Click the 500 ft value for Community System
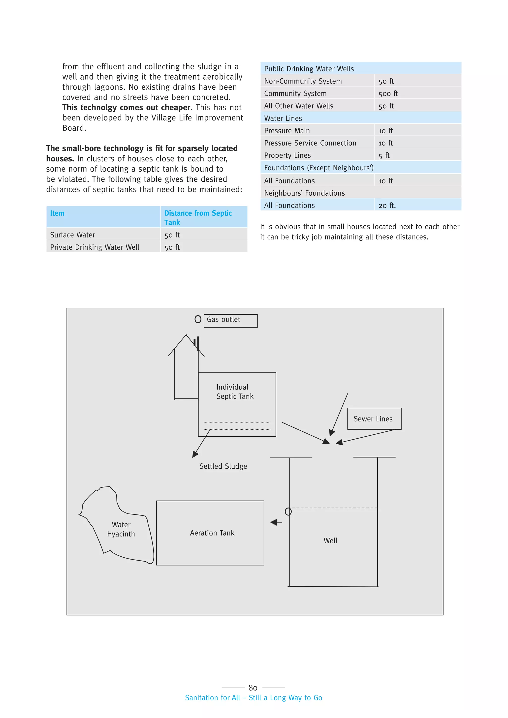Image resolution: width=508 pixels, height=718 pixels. pyautogui.click(x=388, y=93)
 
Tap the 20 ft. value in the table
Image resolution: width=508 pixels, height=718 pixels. pyautogui.click(x=387, y=206)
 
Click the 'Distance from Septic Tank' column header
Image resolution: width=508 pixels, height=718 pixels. pyautogui.click(x=198, y=217)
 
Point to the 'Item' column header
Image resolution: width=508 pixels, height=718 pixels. pyautogui.click(x=57, y=213)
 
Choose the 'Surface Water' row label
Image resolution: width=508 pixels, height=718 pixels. pyautogui.click(x=73, y=235)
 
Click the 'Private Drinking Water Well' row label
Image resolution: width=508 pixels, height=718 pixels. pyautogui.click(x=95, y=247)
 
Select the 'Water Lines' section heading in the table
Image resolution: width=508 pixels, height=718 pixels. pyautogui.click(x=283, y=119)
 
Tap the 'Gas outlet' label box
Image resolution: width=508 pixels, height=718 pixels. pyautogui.click(x=230, y=321)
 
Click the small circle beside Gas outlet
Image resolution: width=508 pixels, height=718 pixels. pyautogui.click(x=198, y=319)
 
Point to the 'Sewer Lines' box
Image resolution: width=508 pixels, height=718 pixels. pyautogui.click(x=374, y=419)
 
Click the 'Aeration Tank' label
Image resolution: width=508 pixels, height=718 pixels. pyautogui.click(x=212, y=533)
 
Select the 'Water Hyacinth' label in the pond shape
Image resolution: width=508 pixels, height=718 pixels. pyautogui.click(x=121, y=529)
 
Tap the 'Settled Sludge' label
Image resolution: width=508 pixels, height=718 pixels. pyautogui.click(x=223, y=466)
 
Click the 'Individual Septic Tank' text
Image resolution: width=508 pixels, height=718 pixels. pyautogui.click(x=235, y=391)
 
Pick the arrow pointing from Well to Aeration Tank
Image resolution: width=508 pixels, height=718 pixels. pyautogui.click(x=276, y=522)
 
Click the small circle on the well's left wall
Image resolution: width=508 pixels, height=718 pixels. pyautogui.click(x=288, y=512)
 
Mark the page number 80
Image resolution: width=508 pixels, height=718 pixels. pyautogui.click(x=253, y=688)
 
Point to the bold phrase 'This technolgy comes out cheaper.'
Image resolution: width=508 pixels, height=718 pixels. pyautogui.click(x=127, y=108)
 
